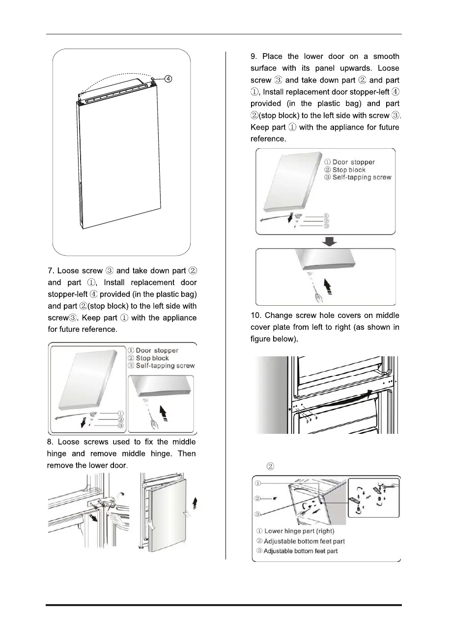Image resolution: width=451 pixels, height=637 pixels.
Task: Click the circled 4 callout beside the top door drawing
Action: tap(168, 79)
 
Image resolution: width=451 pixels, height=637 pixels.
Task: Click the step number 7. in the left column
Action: tap(51, 271)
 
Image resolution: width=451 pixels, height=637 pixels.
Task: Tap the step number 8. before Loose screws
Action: tap(51, 442)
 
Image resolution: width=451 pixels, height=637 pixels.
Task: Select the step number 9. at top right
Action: tap(254, 57)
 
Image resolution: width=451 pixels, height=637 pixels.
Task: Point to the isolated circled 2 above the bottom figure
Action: tap(270, 465)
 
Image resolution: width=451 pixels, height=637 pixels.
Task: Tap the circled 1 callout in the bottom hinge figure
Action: tap(258, 483)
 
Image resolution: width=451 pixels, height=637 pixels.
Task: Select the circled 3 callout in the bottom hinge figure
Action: tap(258, 515)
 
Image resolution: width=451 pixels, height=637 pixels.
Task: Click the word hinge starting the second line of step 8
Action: tap(59, 454)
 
